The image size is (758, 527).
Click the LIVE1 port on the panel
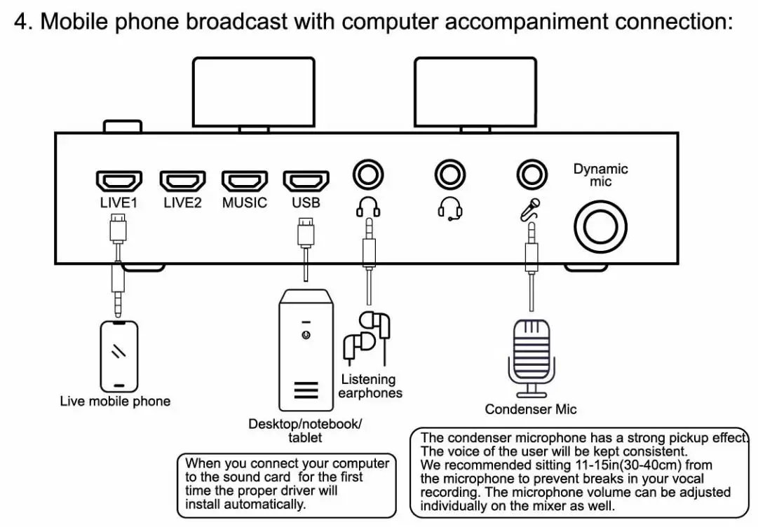pos(119,181)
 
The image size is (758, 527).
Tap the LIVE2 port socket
pos(182,181)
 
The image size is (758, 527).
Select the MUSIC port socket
pos(244,181)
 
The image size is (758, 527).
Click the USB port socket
pos(306,181)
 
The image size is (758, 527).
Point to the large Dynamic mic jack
pos(601,228)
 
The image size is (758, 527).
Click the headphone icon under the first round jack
pos(368,206)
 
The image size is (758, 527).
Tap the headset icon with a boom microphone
pos(449,207)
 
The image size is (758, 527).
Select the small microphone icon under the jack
pos(530,208)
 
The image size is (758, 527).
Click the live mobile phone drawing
pos(119,356)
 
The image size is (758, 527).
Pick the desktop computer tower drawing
pos(306,350)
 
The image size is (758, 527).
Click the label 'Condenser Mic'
pos(531,409)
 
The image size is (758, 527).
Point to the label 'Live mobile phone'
pos(115,402)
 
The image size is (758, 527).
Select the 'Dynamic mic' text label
pos(601,175)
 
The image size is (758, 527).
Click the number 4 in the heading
pos(22,21)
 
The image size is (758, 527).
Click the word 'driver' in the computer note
pos(314,491)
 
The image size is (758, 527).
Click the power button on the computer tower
pos(305,335)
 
